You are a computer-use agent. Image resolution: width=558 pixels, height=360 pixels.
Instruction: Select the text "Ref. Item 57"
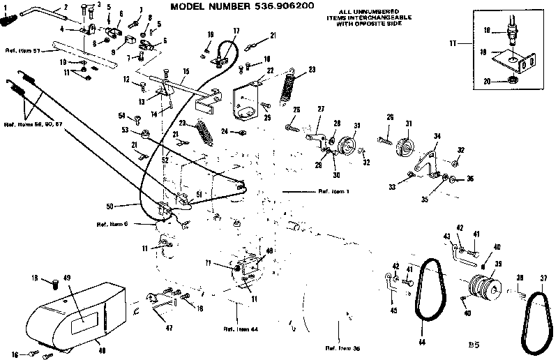click(22, 50)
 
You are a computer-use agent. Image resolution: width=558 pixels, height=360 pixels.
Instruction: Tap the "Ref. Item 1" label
click(333, 190)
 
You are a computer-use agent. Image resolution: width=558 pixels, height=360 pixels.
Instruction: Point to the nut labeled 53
click(144, 133)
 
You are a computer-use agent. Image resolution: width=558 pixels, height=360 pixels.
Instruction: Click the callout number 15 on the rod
click(186, 72)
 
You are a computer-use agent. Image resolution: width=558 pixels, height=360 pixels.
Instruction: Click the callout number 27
click(322, 109)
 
